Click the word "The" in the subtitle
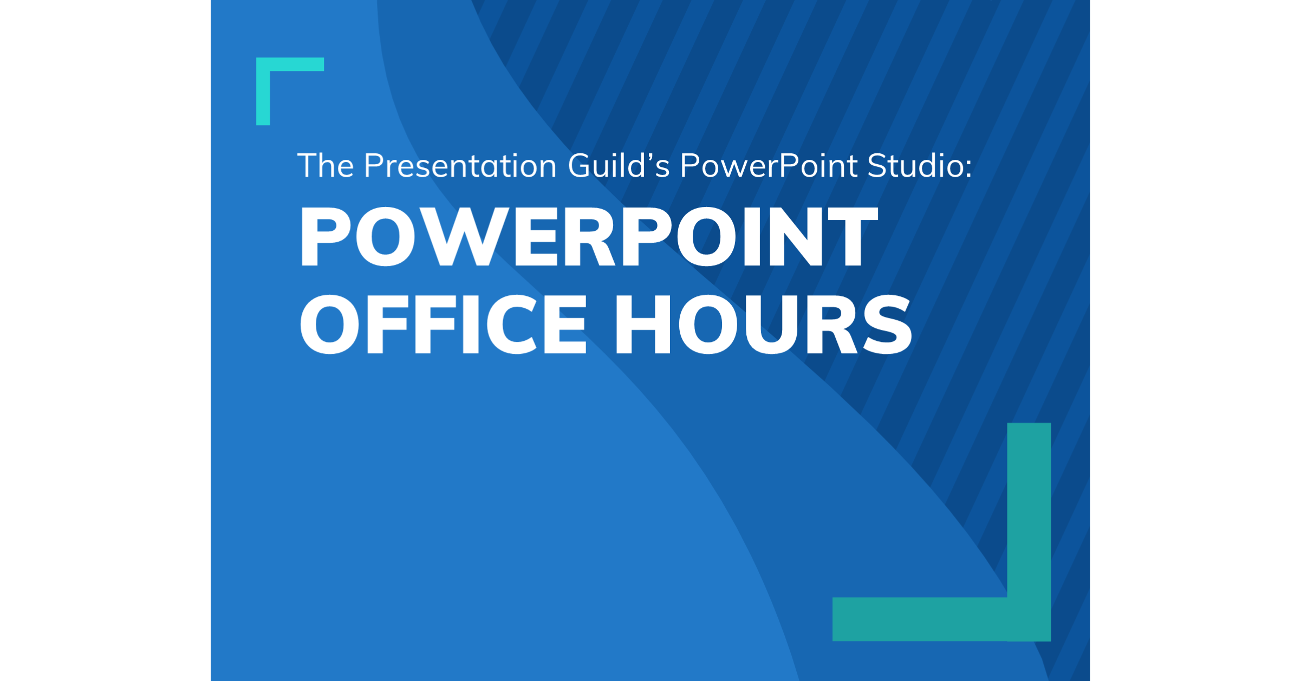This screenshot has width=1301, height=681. point(326,166)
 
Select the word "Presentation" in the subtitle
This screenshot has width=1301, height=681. point(460,166)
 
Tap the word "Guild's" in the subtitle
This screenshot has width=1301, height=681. point(619,166)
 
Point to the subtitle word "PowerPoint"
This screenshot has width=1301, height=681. point(769,166)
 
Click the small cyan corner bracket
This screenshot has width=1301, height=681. point(271,73)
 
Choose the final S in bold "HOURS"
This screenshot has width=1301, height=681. point(887,325)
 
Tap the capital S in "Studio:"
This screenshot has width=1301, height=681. point(878,166)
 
